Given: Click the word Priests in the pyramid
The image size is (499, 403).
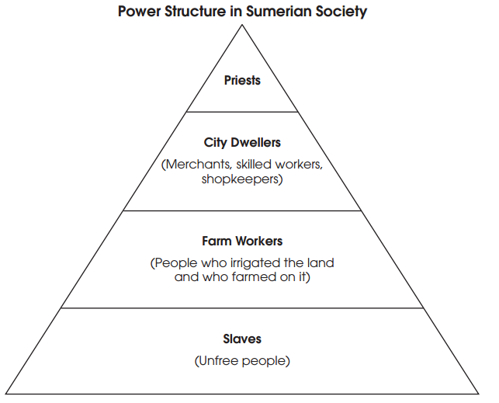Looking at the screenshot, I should [242, 80].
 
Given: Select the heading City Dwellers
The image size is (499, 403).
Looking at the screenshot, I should [242, 143].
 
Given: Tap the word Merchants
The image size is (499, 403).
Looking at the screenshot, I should [193, 165].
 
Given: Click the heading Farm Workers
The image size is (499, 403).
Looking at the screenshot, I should [242, 241].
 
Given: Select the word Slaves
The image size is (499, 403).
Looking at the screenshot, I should [242, 339].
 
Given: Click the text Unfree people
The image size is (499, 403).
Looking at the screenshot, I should [242, 361].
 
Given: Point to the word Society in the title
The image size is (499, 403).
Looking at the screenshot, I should [340, 12].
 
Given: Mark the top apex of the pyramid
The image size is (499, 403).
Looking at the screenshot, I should [242, 25].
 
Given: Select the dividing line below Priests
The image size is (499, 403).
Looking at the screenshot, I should [242, 112].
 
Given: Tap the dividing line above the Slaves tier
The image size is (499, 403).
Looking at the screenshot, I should [242, 308].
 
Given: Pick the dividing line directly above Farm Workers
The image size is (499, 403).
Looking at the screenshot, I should [242, 210].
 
